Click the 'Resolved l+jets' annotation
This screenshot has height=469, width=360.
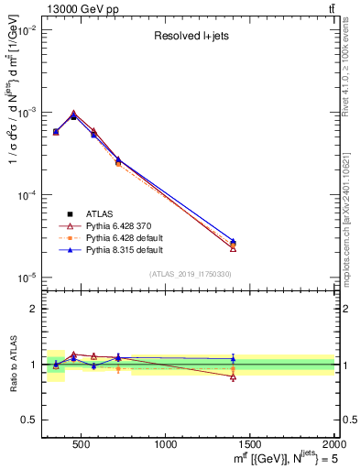(190, 37)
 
